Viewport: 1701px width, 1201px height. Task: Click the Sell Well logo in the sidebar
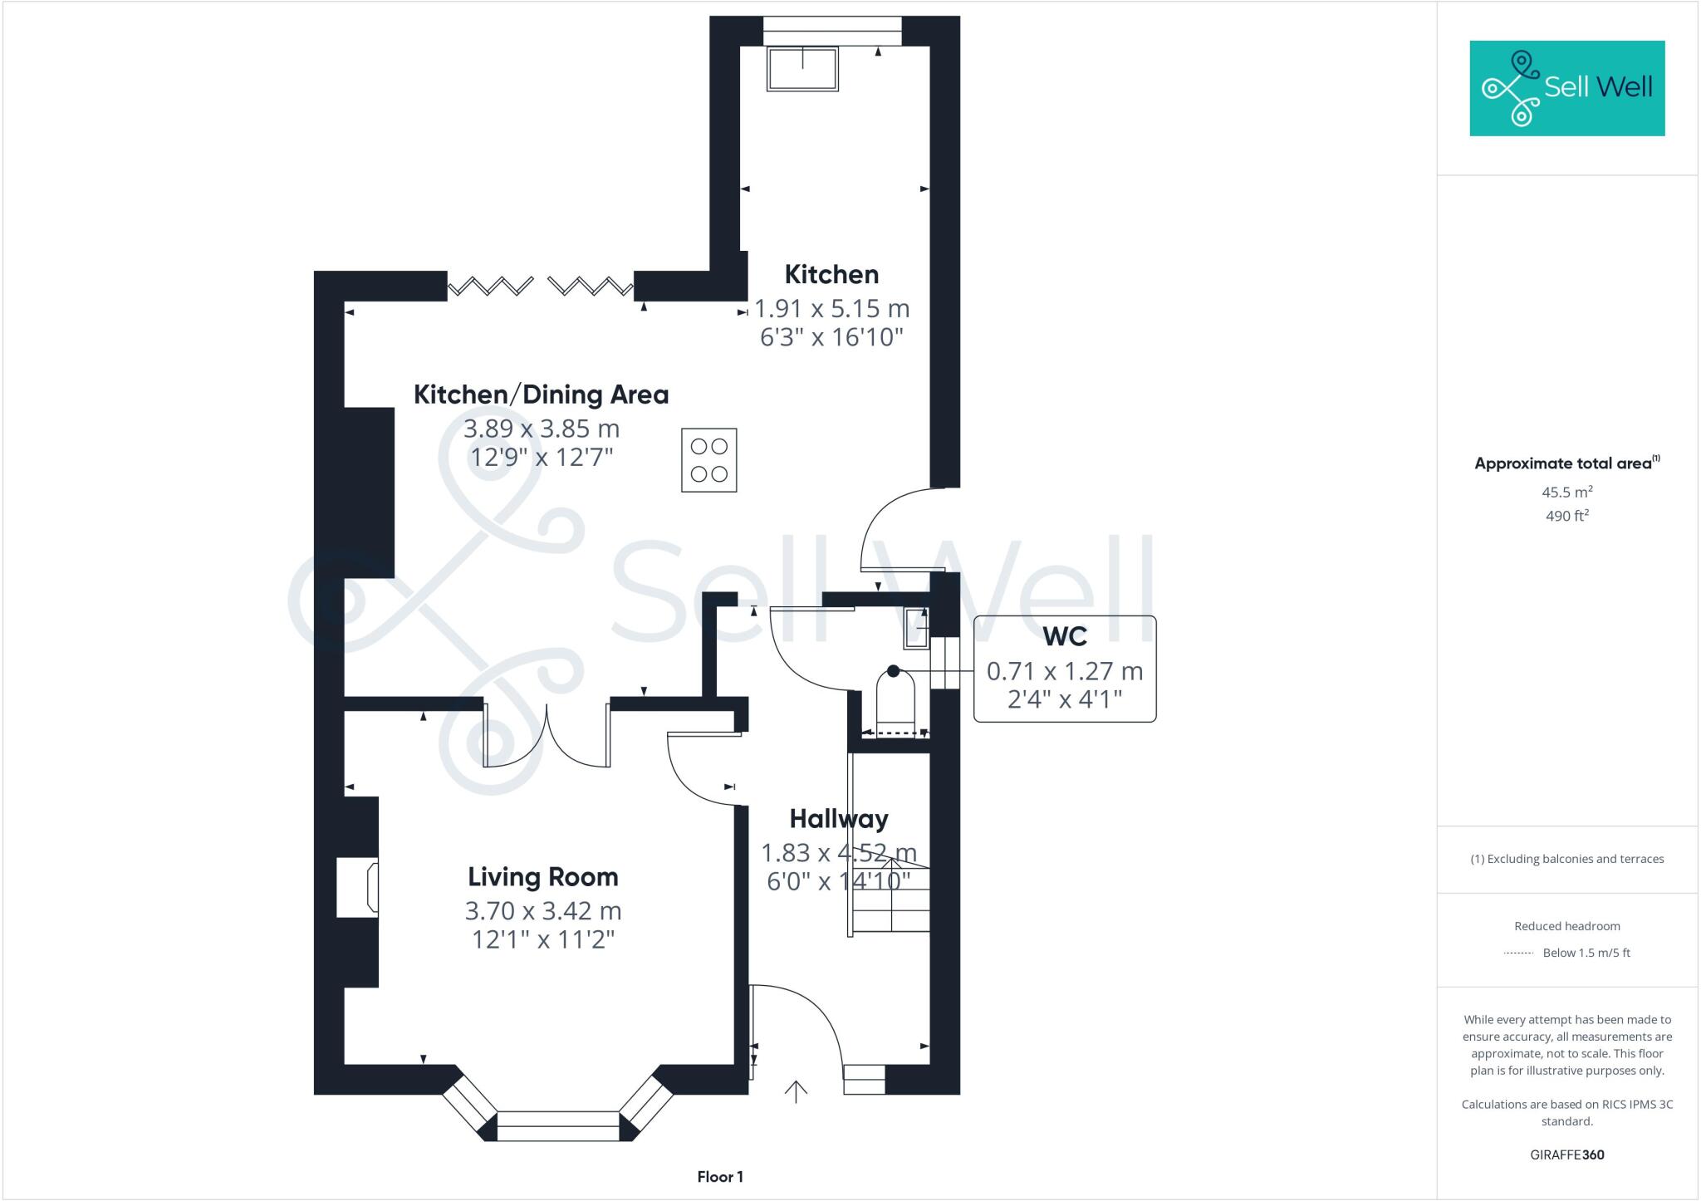click(x=1566, y=88)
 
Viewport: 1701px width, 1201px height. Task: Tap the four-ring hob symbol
click(x=708, y=460)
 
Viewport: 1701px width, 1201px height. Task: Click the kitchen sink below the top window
click(x=802, y=68)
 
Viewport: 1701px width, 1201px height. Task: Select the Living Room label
click(x=542, y=877)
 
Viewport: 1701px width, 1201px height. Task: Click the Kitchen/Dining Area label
click(x=541, y=395)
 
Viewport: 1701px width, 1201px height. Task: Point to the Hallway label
click(x=838, y=819)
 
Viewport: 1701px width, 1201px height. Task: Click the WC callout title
click(x=1064, y=636)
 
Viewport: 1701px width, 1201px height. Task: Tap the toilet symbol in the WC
click(x=895, y=701)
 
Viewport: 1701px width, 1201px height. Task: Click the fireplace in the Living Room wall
click(x=358, y=888)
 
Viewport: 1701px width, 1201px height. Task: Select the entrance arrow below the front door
click(x=796, y=1091)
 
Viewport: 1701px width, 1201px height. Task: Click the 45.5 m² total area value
click(x=1566, y=492)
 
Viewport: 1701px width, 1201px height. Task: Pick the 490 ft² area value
click(x=1566, y=516)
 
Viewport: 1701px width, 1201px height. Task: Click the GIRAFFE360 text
click(x=1566, y=1154)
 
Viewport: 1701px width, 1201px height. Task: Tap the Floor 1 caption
click(x=719, y=1177)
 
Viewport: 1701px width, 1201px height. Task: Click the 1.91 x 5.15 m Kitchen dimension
click(x=831, y=309)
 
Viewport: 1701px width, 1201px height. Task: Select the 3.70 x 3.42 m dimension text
click(x=542, y=911)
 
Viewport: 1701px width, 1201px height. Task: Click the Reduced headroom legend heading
click(x=1566, y=926)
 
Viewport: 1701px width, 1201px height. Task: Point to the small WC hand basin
click(x=917, y=627)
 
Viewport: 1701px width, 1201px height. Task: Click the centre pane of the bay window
click(x=558, y=1126)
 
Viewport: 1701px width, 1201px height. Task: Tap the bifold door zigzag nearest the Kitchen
click(x=591, y=287)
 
